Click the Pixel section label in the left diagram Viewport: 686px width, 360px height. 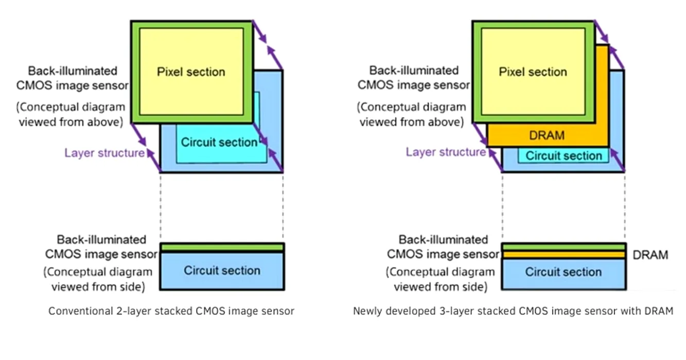(x=191, y=71)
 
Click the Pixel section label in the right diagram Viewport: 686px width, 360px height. (x=533, y=71)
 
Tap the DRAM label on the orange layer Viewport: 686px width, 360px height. (x=547, y=135)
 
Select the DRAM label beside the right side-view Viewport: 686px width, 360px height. (x=650, y=255)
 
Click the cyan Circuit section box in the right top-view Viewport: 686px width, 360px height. (x=564, y=156)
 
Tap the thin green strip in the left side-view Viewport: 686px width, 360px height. (x=222, y=247)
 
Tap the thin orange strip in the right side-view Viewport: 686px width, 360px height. (x=564, y=255)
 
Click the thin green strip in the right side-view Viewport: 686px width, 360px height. (x=564, y=247)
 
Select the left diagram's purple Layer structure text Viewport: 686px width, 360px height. (x=104, y=153)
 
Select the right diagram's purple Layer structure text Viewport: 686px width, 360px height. (x=446, y=152)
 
